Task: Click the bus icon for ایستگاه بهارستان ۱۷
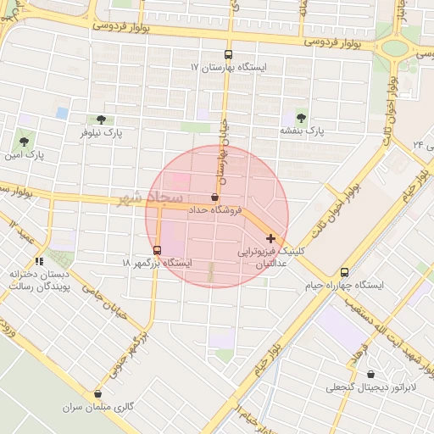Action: [x=227, y=53]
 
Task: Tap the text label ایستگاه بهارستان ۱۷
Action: [x=228, y=67]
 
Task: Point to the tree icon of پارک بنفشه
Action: [x=302, y=117]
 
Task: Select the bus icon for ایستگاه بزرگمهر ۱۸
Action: [x=158, y=250]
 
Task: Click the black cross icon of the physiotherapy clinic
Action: [x=270, y=239]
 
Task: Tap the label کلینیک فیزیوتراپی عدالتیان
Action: [x=271, y=259]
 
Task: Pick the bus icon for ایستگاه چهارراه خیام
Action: [x=344, y=272]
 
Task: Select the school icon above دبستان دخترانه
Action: [x=38, y=261]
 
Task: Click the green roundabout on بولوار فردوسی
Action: [x=393, y=47]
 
